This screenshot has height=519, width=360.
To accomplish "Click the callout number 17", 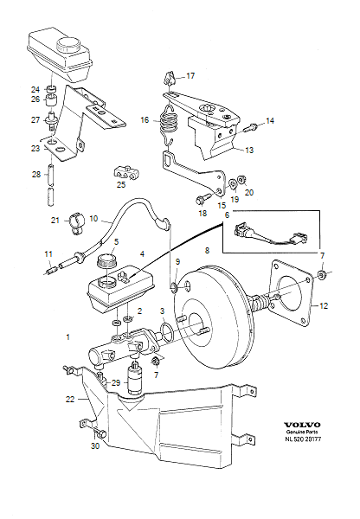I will pyautogui.click(x=191, y=75).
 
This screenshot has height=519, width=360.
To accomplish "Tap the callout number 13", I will pyautogui.click(x=248, y=150).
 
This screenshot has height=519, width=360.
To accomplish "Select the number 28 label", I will pyautogui.click(x=35, y=175).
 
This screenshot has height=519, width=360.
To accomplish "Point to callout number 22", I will pyautogui.click(x=71, y=399).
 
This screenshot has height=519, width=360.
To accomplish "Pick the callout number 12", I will pyautogui.click(x=324, y=304).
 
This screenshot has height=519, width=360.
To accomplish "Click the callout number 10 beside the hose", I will pyautogui.click(x=93, y=219).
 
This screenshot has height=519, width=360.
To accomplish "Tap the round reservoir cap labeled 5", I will pyautogui.click(x=107, y=260).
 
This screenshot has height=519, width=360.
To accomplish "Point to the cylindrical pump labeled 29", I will pyautogui.click(x=135, y=378).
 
